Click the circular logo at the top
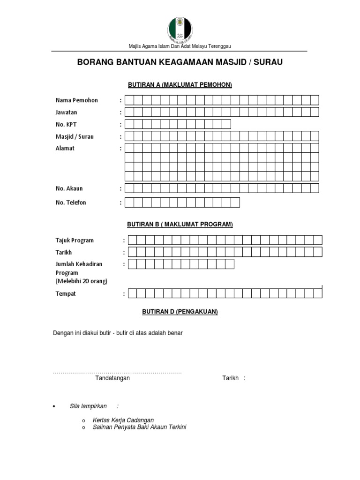pyautogui.click(x=180, y=27)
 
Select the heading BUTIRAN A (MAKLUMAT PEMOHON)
pyautogui.click(x=180, y=85)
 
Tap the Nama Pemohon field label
pyautogui.click(x=77, y=100)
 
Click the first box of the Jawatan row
pyautogui.click(x=129, y=112)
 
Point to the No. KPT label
pyautogui.click(x=65, y=125)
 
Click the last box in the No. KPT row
pyautogui.click(x=226, y=124)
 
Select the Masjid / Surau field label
pyautogui.click(x=75, y=137)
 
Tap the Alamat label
pyautogui.click(x=65, y=148)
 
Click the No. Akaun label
pyautogui.click(x=69, y=188)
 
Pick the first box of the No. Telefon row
pyautogui.click(x=129, y=202)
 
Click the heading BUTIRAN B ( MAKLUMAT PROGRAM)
pyautogui.click(x=180, y=225)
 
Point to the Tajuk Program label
pyautogui.click(x=75, y=240)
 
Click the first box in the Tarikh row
pyautogui.click(x=133, y=252)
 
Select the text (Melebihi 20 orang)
pyautogui.click(x=82, y=281)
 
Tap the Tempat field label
pyautogui.click(x=66, y=294)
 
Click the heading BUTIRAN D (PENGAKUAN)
pyautogui.click(x=180, y=311)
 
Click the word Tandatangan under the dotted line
pyautogui.click(x=112, y=378)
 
